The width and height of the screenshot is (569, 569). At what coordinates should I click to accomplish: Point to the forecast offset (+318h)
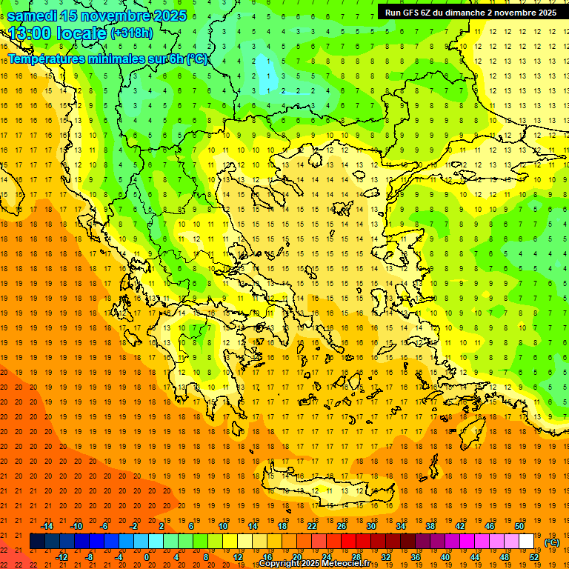(133, 33)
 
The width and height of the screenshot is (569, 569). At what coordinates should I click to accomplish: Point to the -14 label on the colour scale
(47, 526)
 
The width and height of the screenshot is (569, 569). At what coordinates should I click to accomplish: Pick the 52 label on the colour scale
(534, 556)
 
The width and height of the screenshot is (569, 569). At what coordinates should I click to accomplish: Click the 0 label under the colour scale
(147, 556)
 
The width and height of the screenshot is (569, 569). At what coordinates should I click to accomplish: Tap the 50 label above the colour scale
(519, 526)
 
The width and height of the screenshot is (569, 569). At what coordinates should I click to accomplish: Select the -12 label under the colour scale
(61, 556)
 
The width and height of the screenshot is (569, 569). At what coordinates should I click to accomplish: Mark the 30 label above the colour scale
(371, 526)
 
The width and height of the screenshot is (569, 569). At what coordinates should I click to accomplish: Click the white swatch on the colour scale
(526, 541)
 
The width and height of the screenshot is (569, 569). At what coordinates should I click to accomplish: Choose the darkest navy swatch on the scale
(37, 541)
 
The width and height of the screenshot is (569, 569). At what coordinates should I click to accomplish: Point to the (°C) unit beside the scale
(552, 542)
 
